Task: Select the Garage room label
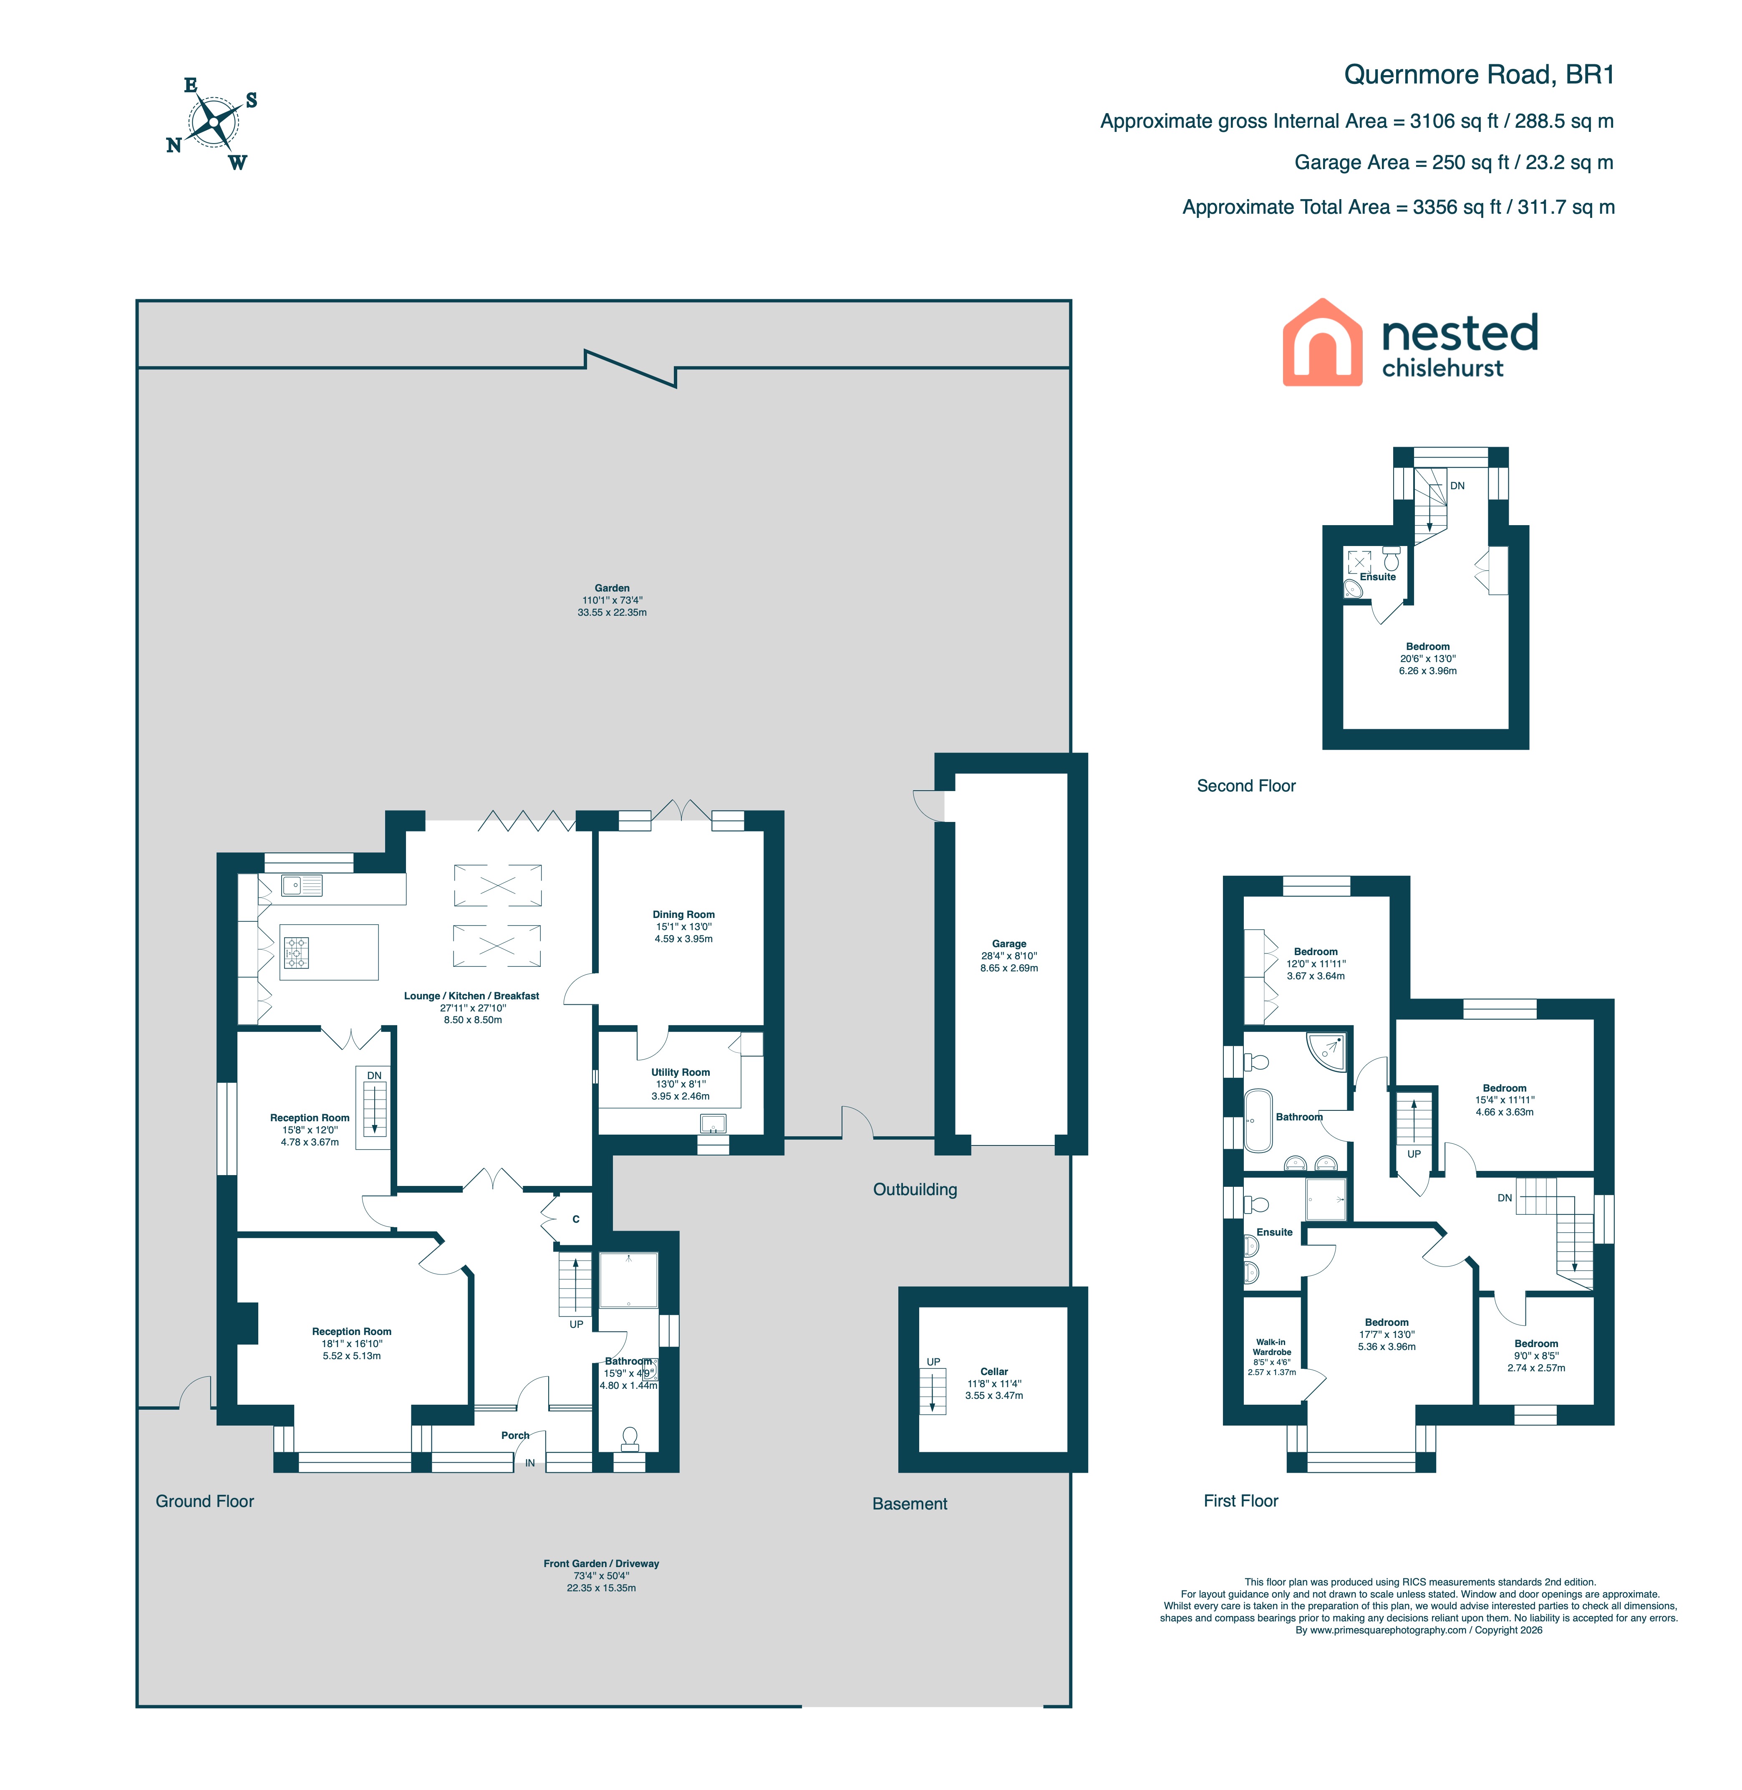coord(1009,943)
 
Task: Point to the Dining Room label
coord(683,914)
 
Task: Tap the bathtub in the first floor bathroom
coord(1258,1120)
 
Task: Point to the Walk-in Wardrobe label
coord(1272,1347)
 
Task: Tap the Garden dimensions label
coord(612,600)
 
